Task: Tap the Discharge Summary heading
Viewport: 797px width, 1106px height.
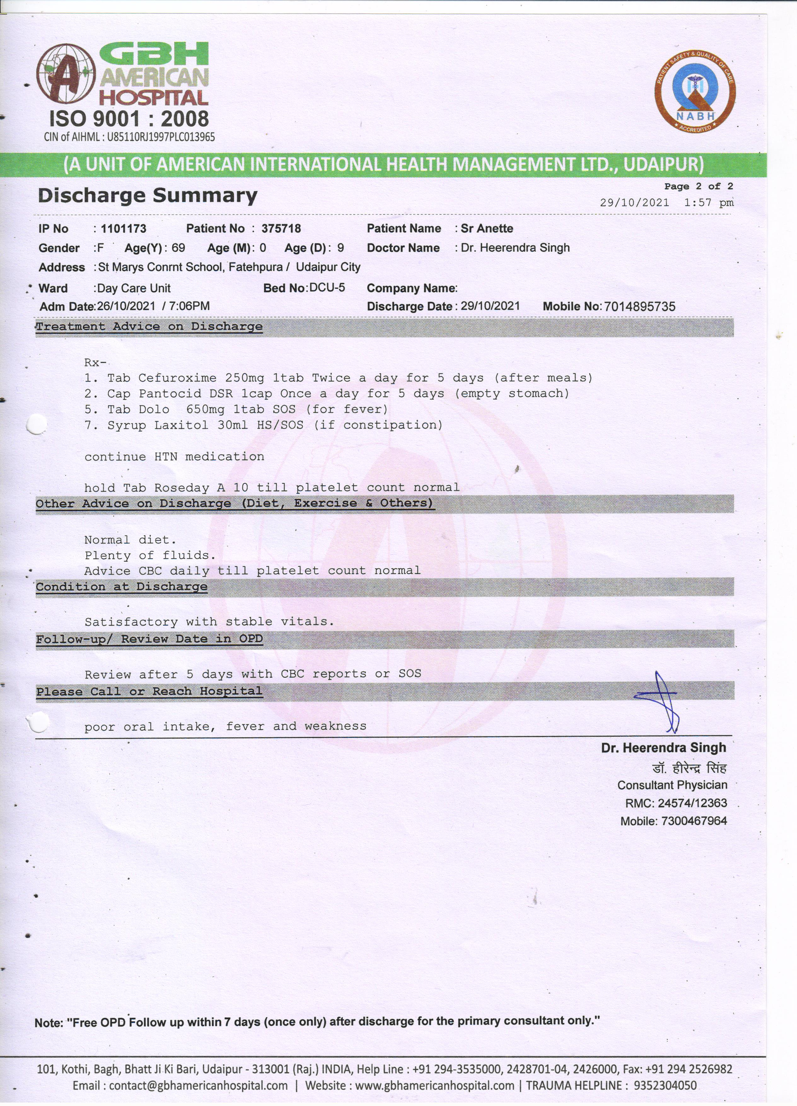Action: [x=147, y=196]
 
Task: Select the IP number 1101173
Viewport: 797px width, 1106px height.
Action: [x=123, y=229]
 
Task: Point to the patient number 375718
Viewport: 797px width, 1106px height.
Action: [x=281, y=229]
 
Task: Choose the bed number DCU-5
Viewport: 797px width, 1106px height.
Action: [x=327, y=288]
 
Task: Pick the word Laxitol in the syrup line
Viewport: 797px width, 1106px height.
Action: [x=181, y=425]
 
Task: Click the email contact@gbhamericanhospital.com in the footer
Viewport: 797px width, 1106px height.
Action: [x=198, y=1085]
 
